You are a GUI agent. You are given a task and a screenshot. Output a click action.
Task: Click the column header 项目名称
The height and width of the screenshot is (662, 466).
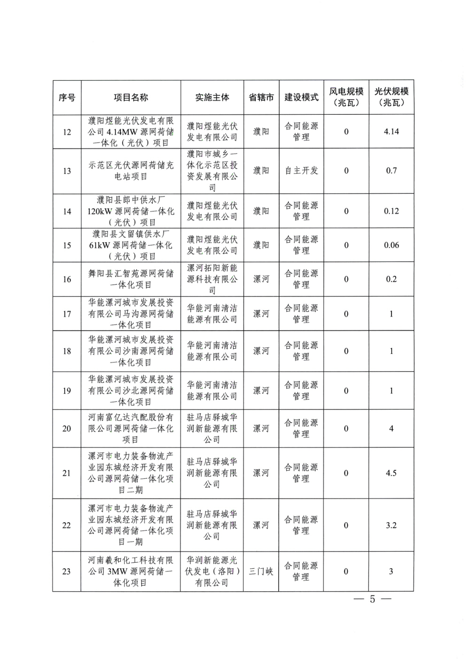click(131, 98)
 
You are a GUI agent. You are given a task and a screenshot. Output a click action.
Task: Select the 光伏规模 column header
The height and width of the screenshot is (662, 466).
click(391, 97)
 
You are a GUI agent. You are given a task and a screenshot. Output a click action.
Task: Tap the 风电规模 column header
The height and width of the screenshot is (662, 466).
click(346, 97)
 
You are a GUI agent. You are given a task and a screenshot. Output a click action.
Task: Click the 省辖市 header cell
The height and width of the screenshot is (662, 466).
click(261, 98)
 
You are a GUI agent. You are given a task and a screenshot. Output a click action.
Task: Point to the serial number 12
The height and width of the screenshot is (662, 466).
click(67, 132)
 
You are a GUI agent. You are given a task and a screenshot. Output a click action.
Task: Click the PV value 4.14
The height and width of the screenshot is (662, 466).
click(391, 132)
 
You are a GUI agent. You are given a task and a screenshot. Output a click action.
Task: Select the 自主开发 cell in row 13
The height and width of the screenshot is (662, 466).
click(301, 171)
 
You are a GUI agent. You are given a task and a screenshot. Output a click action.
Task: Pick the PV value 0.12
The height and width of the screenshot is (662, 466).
click(391, 211)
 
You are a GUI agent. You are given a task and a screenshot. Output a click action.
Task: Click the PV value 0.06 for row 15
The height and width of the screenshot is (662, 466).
click(391, 245)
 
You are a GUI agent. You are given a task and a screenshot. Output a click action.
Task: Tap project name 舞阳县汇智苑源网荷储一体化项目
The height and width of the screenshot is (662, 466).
click(131, 279)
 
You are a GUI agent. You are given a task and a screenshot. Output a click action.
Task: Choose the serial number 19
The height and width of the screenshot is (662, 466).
click(67, 391)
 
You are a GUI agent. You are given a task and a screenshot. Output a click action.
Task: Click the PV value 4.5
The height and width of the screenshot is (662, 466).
click(391, 473)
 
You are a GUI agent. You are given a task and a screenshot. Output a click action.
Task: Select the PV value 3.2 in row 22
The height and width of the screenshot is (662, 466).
click(391, 525)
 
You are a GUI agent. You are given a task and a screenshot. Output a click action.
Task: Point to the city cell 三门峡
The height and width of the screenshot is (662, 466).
click(261, 571)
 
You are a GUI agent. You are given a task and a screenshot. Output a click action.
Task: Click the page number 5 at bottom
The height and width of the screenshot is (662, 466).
click(372, 599)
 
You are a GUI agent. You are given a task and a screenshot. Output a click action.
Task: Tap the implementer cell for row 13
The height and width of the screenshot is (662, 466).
click(212, 171)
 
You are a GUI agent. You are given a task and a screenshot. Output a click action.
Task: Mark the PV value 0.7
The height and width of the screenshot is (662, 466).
click(391, 171)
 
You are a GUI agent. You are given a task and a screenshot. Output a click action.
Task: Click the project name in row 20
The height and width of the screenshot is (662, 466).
click(131, 429)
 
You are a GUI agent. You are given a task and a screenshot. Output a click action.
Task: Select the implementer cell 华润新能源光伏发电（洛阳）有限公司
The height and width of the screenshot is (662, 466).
click(212, 571)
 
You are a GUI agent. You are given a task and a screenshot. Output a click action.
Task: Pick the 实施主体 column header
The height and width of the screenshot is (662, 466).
click(212, 98)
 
